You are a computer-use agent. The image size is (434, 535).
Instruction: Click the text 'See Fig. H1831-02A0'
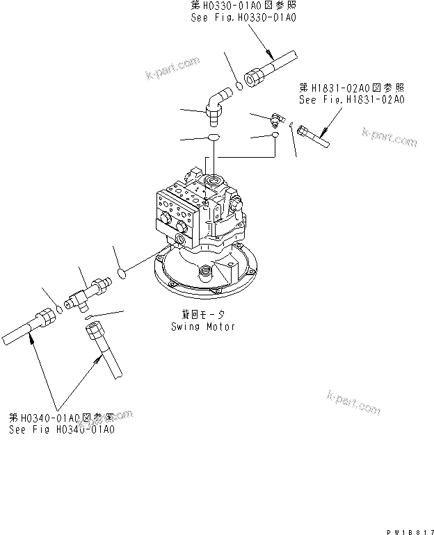pyautogui.click(x=351, y=100)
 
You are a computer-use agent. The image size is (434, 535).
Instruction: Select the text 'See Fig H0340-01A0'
pyautogui.click(x=62, y=430)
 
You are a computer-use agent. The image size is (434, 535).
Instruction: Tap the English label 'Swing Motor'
pyautogui.click(x=203, y=326)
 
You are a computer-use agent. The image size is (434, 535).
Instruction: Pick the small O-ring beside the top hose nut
pyautogui.click(x=239, y=86)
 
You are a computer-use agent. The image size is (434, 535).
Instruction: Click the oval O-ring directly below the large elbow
pyautogui.click(x=214, y=136)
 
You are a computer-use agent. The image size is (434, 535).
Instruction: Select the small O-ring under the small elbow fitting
pyautogui.click(x=275, y=136)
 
